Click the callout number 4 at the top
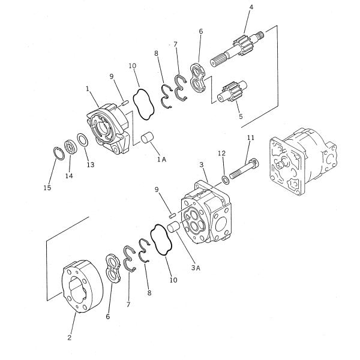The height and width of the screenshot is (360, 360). (251, 7)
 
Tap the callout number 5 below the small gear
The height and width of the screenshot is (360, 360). (241, 116)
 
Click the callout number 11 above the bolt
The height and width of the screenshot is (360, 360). (251, 138)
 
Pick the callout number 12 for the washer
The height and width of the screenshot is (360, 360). (221, 154)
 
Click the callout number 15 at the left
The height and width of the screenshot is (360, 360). (47, 188)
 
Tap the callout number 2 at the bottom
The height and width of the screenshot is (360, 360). (70, 338)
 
